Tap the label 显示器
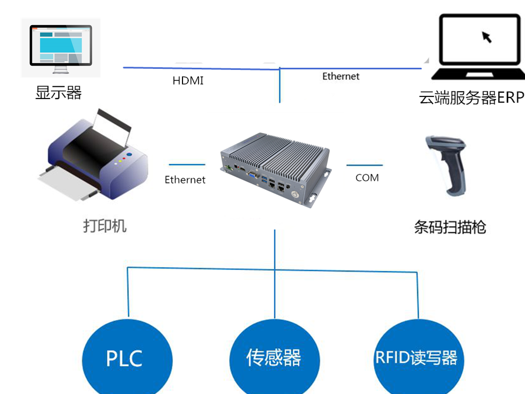click(58, 93)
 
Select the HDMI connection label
click(188, 81)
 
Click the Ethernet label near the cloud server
click(341, 76)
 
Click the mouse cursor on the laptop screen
click(487, 36)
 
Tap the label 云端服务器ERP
click(471, 97)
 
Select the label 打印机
click(105, 226)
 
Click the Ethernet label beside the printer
click(185, 180)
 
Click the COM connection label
click(367, 178)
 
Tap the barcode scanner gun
click(448, 164)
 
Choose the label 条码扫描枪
click(450, 227)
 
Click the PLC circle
click(125, 357)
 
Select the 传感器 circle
click(274, 357)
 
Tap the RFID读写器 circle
click(416, 357)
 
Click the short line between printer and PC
click(187, 165)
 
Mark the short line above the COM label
click(365, 165)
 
